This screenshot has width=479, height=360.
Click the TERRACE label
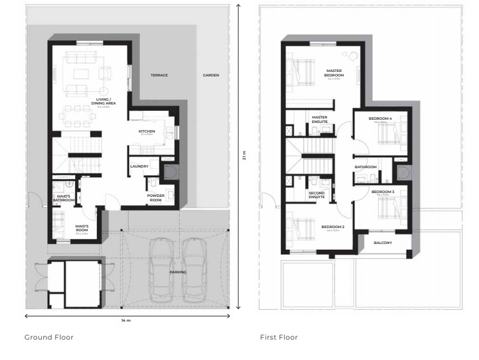coord(159,75)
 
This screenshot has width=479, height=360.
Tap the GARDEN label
coord(211,75)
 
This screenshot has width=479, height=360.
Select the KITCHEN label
coord(147,132)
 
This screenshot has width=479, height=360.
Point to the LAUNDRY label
coord(139,166)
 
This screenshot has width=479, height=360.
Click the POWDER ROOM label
coord(156,198)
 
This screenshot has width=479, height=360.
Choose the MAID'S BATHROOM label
coord(64,198)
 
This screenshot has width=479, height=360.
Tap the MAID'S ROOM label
coord(82,227)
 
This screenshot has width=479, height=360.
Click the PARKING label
coord(178,272)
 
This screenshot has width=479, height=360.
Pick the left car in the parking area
coord(161,270)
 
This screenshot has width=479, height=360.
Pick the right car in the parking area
coord(195,270)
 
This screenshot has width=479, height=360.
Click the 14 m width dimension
coord(125,320)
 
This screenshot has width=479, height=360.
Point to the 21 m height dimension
coord(244,155)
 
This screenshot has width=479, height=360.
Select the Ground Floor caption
coord(49,337)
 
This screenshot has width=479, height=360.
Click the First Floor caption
coord(279,337)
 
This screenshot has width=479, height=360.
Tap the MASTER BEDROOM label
coord(334,73)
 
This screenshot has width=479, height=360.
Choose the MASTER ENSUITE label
coord(320,119)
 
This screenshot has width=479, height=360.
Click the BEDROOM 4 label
coord(380,119)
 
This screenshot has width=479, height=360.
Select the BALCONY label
coord(383,243)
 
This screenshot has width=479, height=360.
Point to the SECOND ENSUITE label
coord(317,195)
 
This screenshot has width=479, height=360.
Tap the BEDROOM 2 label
coord(332,227)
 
